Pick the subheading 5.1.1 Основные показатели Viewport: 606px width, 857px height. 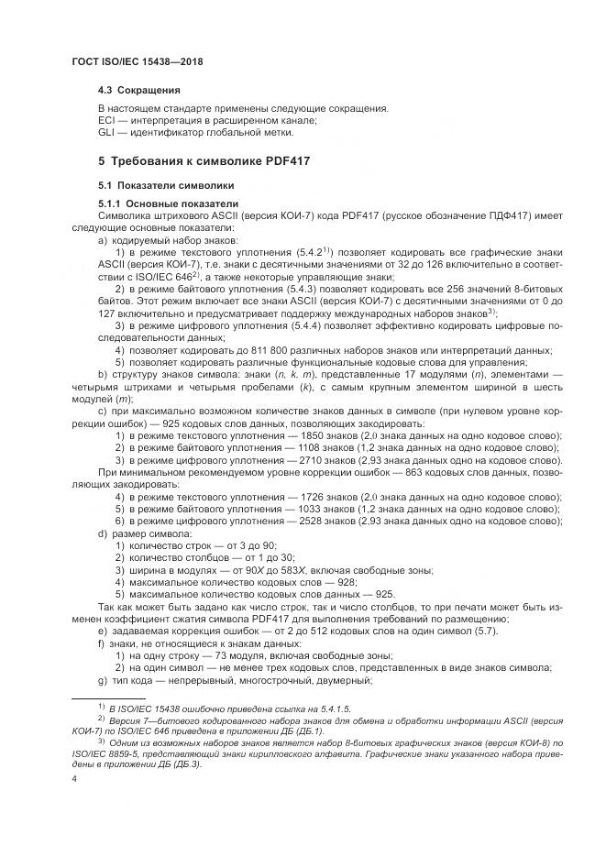pos(168,203)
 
